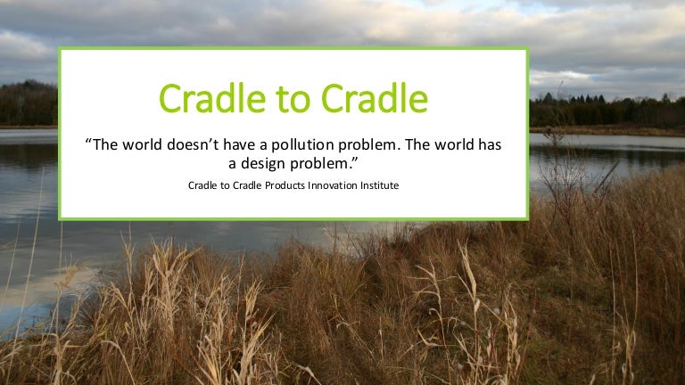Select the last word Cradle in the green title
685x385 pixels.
[x=378, y=99]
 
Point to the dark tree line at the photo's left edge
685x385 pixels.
[x=28, y=105]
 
